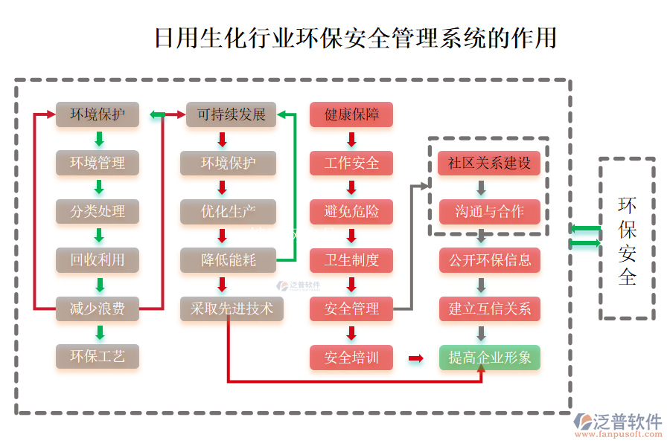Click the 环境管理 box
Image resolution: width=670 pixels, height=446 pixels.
pyautogui.click(x=98, y=163)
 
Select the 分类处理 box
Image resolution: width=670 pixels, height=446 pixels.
pyautogui.click(x=98, y=212)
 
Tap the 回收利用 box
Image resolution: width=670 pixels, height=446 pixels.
pyautogui.click(x=98, y=260)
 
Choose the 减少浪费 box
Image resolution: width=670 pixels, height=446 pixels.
pyautogui.click(x=98, y=308)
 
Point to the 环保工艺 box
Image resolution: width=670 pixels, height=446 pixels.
pyautogui.click(x=98, y=357)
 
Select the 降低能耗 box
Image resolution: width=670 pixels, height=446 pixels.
pyautogui.click(x=228, y=260)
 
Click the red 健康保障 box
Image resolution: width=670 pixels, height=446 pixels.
pyautogui.click(x=351, y=114)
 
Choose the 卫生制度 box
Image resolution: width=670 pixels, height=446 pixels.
pyautogui.click(x=351, y=260)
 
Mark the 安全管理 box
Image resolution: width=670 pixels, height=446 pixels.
pyautogui.click(x=351, y=308)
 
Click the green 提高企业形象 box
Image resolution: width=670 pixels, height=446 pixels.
pyautogui.click(x=490, y=358)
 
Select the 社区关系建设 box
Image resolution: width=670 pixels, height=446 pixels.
pyautogui.click(x=490, y=163)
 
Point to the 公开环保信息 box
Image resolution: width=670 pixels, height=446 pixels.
pyautogui.click(x=490, y=260)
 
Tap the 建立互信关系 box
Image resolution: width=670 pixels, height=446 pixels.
pyautogui.click(x=490, y=308)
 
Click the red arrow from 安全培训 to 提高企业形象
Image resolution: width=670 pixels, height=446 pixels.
pyautogui.click(x=416, y=358)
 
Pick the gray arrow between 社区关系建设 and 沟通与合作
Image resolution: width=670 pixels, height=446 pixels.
pyautogui.click(x=482, y=187)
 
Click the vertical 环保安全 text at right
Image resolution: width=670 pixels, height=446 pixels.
pyautogui.click(x=628, y=241)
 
